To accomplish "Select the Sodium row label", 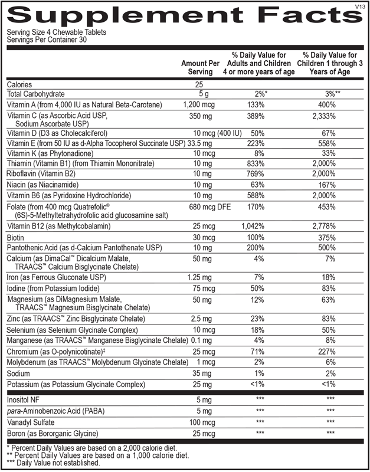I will pos(19,373).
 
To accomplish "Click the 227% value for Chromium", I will pos(330,352).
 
